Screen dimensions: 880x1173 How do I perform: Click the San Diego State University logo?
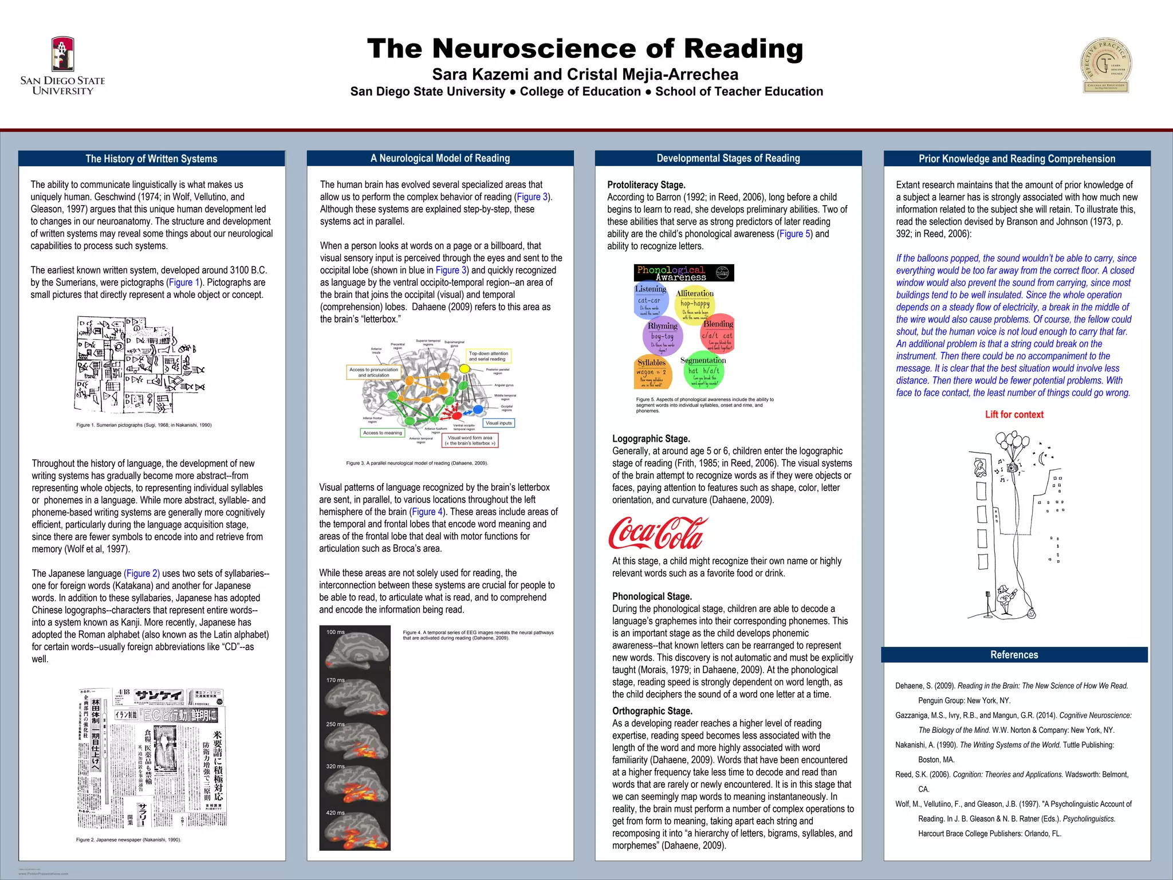click(62, 66)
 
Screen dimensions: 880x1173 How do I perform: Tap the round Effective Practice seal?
click(1105, 65)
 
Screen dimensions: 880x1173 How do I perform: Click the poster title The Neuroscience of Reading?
click(585, 49)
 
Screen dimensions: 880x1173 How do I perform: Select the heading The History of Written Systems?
click(151, 159)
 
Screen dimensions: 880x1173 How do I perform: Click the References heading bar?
click(1014, 655)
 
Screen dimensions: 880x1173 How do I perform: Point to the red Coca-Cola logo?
click(658, 533)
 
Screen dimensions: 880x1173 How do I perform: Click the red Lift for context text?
click(1014, 415)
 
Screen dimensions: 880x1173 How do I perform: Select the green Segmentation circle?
click(704, 370)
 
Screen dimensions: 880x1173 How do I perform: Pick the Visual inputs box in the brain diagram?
click(498, 423)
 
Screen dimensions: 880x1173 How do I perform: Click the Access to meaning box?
click(382, 433)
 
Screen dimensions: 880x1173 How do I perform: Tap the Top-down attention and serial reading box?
click(488, 356)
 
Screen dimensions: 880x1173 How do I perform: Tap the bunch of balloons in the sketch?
click(1013, 443)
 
